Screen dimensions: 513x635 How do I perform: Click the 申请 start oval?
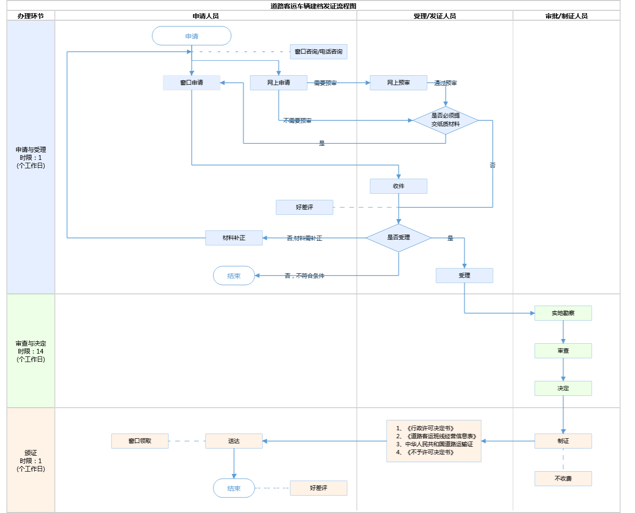pyautogui.click(x=191, y=36)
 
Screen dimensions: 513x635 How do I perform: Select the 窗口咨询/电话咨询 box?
pyautogui.click(x=318, y=52)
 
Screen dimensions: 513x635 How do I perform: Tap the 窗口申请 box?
pyautogui.click(x=191, y=83)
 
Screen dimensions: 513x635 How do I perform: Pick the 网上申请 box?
pyautogui.click(x=278, y=83)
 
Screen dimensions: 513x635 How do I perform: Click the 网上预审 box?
pyautogui.click(x=398, y=83)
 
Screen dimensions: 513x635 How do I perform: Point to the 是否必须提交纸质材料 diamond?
pyautogui.click(x=445, y=120)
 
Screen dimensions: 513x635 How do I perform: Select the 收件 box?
pyautogui.click(x=398, y=186)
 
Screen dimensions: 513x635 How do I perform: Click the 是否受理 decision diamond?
pyautogui.click(x=398, y=238)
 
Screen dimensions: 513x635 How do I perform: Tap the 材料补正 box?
pyautogui.click(x=234, y=238)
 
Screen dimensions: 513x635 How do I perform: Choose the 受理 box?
pyautogui.click(x=464, y=276)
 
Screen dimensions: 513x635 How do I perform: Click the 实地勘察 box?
pyautogui.click(x=563, y=313)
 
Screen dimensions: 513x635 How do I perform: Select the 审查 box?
pyautogui.click(x=563, y=351)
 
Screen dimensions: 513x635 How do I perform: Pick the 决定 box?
pyautogui.click(x=563, y=388)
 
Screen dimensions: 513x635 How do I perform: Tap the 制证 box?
pyautogui.click(x=563, y=441)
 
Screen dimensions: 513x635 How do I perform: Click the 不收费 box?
pyautogui.click(x=563, y=479)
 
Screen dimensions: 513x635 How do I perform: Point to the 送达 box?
pyautogui.click(x=234, y=441)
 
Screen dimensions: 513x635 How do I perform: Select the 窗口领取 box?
pyautogui.click(x=140, y=441)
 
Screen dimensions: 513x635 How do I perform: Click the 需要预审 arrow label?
pyautogui.click(x=325, y=83)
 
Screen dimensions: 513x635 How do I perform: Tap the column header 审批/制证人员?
pyautogui.click(x=566, y=16)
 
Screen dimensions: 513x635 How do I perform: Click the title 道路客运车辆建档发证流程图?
pyautogui.click(x=313, y=6)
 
